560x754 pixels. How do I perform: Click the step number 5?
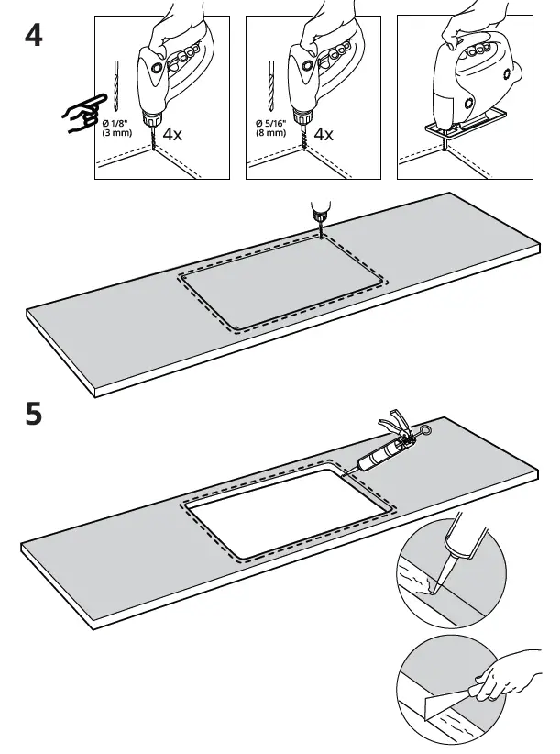pos(33,415)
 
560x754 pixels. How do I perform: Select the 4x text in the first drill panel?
pos(172,134)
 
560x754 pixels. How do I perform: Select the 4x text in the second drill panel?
pos(324,134)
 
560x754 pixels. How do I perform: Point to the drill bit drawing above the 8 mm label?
pos(270,87)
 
